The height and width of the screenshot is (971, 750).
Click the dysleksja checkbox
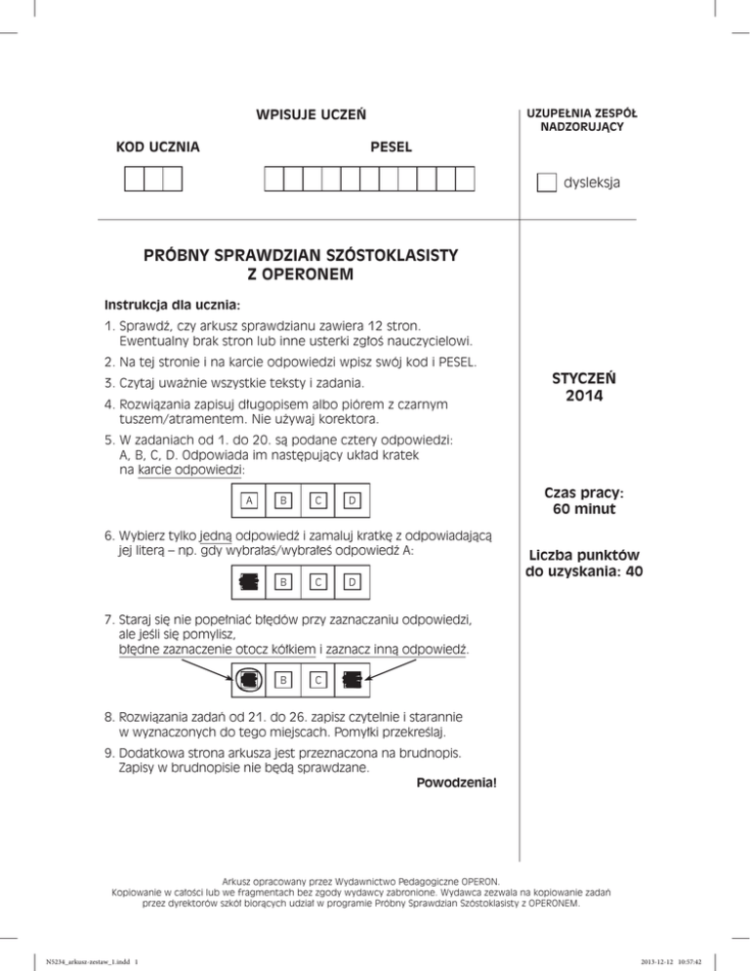tap(547, 183)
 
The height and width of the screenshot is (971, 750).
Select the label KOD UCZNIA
tap(158, 148)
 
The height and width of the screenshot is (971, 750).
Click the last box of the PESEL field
tap(465, 179)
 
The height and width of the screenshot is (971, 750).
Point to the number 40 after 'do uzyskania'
tap(632, 571)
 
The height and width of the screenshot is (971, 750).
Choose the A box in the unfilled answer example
tap(251, 501)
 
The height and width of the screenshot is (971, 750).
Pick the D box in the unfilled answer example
tap(352, 501)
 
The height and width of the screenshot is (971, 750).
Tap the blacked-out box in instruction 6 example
tap(251, 584)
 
